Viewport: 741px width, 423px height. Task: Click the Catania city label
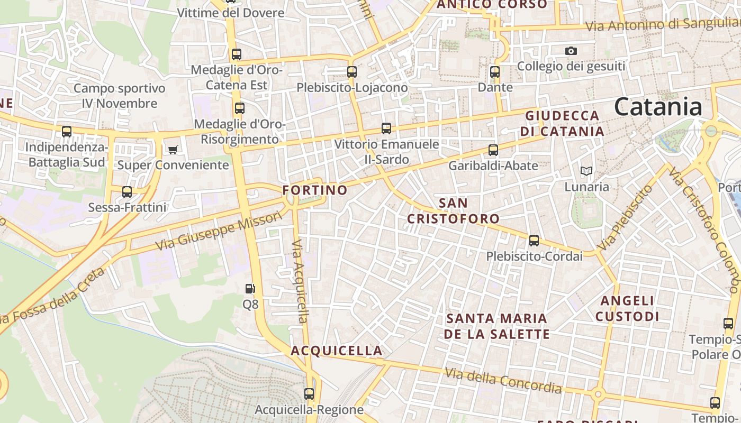coord(658,107)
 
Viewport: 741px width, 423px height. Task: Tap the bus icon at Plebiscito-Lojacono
coord(352,72)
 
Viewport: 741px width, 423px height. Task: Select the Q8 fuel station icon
coord(250,289)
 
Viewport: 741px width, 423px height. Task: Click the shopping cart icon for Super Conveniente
coord(173,150)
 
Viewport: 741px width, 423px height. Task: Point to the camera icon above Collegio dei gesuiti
coord(571,51)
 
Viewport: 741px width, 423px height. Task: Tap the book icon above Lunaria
coord(586,171)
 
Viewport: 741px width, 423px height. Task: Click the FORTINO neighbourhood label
coord(315,190)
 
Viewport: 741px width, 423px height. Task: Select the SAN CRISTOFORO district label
coord(453,211)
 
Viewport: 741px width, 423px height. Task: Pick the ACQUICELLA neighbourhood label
coord(336,351)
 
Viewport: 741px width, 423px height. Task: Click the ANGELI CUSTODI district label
coord(627,309)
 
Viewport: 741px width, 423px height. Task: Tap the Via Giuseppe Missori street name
coord(220,231)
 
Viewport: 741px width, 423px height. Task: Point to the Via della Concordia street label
coord(503,381)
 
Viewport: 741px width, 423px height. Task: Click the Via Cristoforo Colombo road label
coord(703,230)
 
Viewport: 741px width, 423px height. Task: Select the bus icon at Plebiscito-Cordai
coord(534,241)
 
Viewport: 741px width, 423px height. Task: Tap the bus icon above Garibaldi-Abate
coord(493,150)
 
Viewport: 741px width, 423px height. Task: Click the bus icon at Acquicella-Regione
coord(309,394)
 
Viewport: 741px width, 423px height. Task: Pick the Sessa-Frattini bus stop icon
coord(127,192)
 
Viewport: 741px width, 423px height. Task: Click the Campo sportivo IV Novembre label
coord(120,96)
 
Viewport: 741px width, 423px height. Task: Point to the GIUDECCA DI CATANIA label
coord(562,123)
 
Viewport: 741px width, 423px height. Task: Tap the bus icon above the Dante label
coord(495,72)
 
